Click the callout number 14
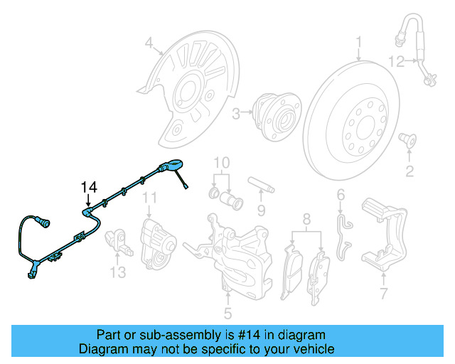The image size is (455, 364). pyautogui.click(x=88, y=187)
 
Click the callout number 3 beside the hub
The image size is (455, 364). pyautogui.click(x=236, y=112)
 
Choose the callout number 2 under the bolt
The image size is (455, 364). pyautogui.click(x=409, y=171)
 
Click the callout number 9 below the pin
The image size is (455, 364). pyautogui.click(x=261, y=210)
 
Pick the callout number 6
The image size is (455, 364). pyautogui.click(x=341, y=195)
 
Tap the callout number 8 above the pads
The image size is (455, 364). pyautogui.click(x=306, y=218)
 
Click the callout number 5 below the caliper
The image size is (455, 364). pyautogui.click(x=227, y=312)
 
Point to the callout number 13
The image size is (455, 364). pyautogui.click(x=117, y=272)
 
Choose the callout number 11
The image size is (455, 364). pyautogui.click(x=149, y=197)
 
